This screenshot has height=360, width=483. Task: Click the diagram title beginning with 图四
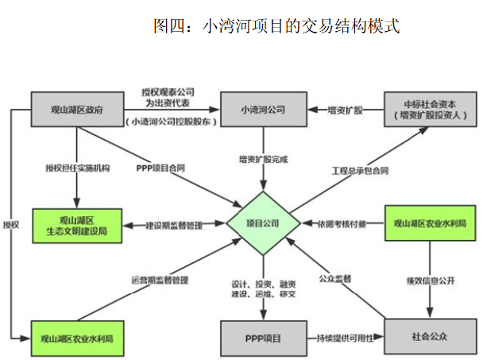(276, 26)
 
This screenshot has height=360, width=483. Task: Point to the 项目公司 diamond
(262, 224)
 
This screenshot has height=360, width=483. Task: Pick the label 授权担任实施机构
(77, 168)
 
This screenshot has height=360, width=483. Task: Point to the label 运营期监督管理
(160, 280)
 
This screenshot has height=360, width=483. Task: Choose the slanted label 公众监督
(335, 279)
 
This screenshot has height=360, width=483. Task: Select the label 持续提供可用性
(344, 337)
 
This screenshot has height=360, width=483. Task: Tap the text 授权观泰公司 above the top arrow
(167, 91)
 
